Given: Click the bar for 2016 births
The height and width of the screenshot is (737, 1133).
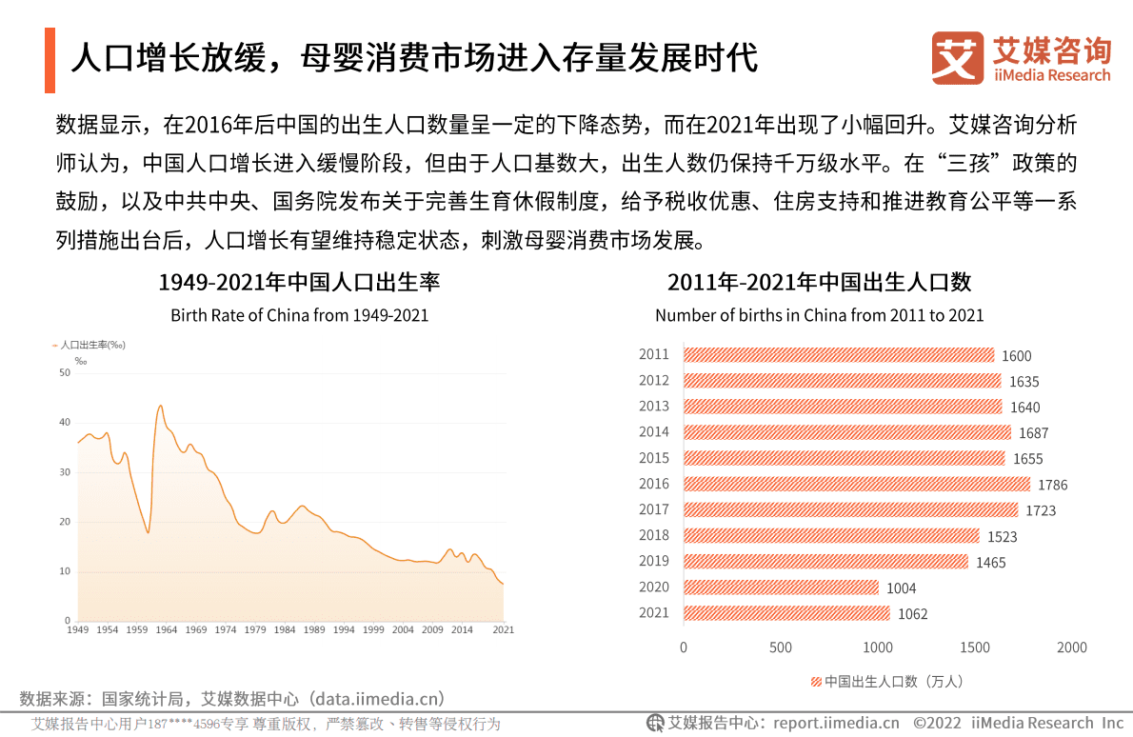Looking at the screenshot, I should coord(857,484).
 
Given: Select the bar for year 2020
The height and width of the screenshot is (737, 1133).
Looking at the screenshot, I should coord(781,588).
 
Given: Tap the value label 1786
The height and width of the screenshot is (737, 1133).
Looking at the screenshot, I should coord(1052,485).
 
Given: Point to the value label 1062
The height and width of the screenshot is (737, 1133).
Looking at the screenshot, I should coord(912,614).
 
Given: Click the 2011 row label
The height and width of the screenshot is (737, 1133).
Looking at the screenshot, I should coord(654,354).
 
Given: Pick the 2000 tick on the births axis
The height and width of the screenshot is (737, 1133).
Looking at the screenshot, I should coord(1071,647).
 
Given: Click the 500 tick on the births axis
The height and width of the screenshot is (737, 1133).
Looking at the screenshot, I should coord(781,647).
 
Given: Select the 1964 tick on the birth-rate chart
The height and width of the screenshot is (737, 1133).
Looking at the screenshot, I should coord(166,630).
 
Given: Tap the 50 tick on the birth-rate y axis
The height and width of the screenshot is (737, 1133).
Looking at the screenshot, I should coord(65,373).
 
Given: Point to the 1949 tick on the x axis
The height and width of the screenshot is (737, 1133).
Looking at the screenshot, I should coord(78,630).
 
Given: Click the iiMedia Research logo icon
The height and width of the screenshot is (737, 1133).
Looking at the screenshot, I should coord(957,58).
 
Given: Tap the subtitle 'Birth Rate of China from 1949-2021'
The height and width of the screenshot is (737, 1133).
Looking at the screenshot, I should coord(299,315).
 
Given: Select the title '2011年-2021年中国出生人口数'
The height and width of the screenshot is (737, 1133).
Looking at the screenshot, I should coord(819,283).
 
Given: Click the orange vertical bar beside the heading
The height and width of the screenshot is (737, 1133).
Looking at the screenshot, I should coord(50,60).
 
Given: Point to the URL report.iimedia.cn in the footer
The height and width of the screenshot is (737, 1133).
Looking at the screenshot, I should coord(836,723).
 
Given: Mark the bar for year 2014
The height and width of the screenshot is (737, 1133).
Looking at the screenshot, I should coord(847,432).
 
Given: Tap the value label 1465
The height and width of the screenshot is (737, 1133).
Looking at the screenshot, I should coord(990,563).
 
